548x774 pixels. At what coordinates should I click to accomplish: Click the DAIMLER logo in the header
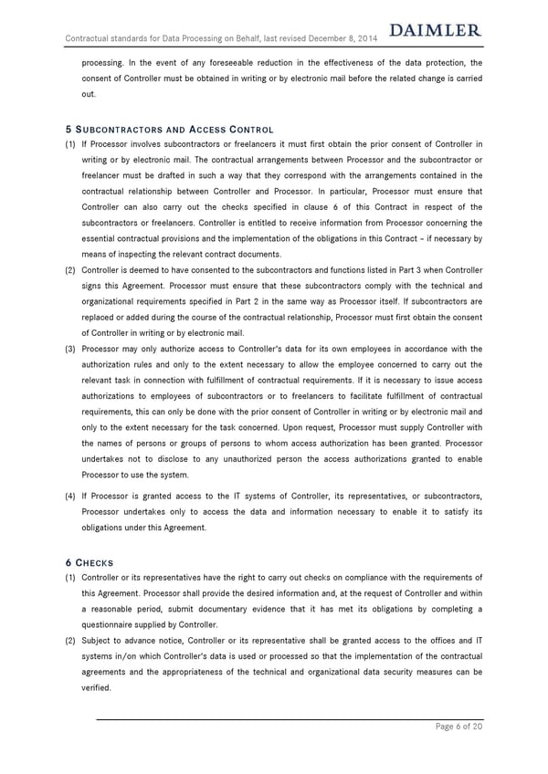(435, 32)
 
